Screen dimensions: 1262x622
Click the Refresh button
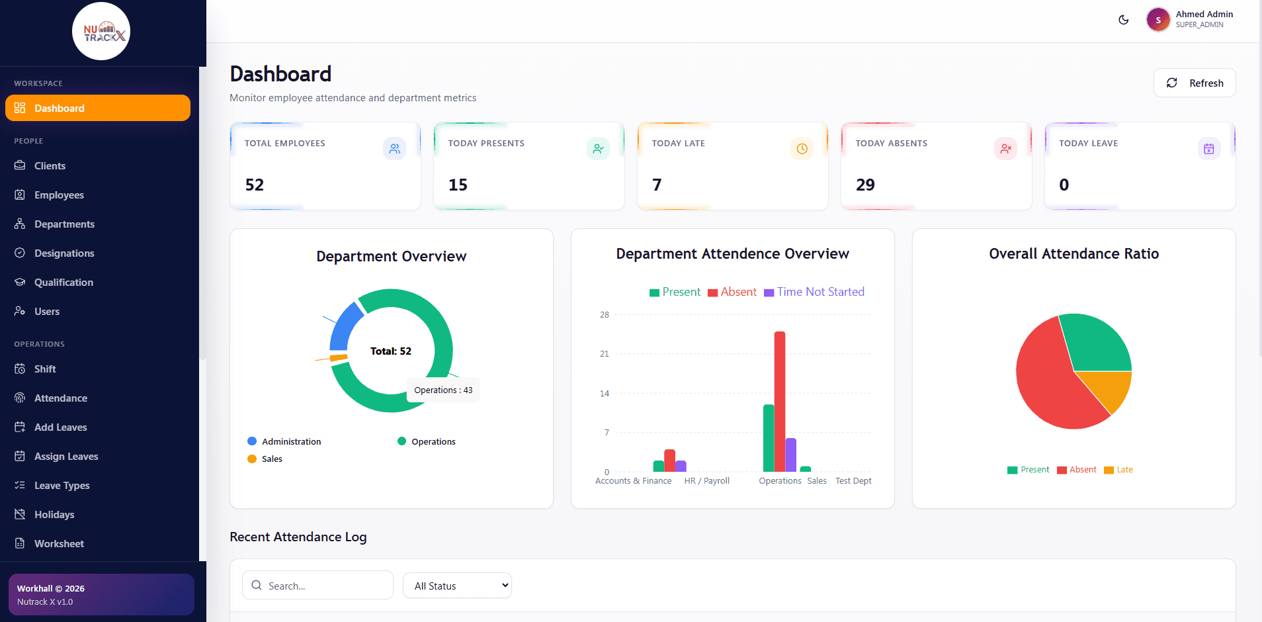point(1195,83)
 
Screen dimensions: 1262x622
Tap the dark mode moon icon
point(1123,20)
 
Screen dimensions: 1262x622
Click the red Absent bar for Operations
point(780,402)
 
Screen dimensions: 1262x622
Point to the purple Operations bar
point(791,455)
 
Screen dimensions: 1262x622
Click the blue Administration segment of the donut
point(343,326)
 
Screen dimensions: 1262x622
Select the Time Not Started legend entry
point(814,292)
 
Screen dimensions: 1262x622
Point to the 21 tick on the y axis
point(605,354)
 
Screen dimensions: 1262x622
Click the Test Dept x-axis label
point(853,481)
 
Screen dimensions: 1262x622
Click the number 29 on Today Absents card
point(865,185)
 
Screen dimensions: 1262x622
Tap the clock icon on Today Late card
point(802,149)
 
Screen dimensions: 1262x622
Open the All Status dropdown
point(457,586)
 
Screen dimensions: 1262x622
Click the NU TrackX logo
point(101,31)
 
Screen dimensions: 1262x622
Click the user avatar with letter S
point(1158,20)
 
